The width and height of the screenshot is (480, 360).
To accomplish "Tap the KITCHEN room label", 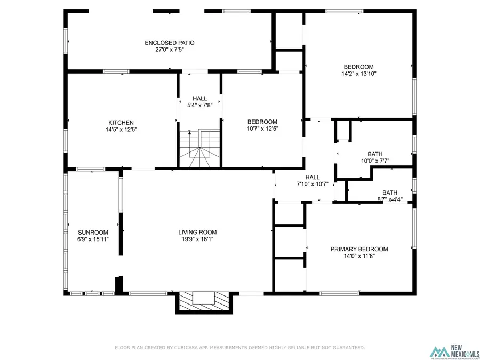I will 121,122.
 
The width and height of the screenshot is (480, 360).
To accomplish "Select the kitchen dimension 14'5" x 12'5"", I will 121,129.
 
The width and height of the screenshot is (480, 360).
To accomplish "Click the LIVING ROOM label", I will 197,232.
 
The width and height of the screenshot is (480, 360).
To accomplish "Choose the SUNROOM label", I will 93,233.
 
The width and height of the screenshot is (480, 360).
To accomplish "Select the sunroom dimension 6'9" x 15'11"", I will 93,239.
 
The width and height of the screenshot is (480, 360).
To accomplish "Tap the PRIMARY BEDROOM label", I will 359,249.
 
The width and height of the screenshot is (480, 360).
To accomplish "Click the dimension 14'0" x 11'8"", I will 359,256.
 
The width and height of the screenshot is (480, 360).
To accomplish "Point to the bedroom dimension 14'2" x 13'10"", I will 359,74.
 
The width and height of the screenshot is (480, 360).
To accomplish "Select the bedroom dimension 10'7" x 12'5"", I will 262,129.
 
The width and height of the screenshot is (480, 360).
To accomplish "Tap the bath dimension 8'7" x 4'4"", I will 389,200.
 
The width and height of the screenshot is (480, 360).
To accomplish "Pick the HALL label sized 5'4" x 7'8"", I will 200,98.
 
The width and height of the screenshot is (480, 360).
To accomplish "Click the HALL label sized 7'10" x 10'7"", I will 312,177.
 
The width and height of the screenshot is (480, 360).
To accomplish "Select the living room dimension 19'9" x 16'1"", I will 197,239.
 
